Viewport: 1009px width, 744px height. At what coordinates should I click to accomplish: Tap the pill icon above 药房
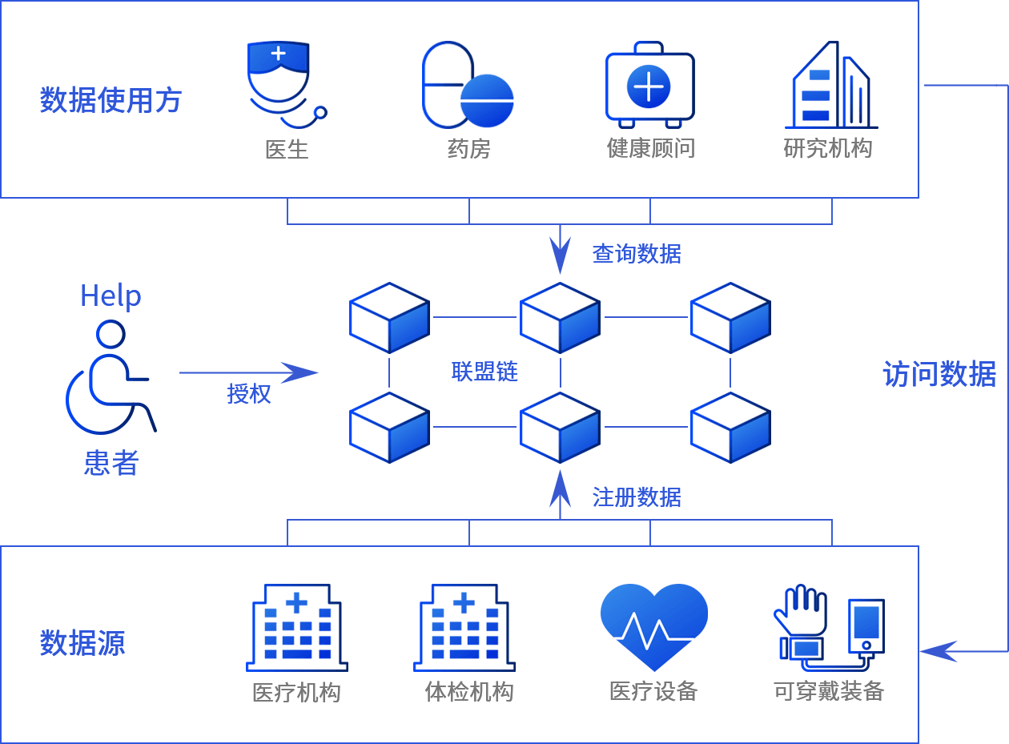[x=467, y=86]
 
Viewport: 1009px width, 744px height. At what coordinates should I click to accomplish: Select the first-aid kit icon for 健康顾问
[x=649, y=85]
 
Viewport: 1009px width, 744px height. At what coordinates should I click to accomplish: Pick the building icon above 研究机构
[x=830, y=86]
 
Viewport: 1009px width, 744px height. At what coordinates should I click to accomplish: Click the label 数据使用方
[x=111, y=100]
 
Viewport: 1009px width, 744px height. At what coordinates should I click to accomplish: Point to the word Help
[x=111, y=296]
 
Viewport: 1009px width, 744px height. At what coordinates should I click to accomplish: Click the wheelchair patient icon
[x=110, y=377]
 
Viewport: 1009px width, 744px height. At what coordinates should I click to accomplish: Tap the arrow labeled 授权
[x=248, y=372]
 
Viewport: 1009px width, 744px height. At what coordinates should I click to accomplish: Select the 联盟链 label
[x=484, y=372]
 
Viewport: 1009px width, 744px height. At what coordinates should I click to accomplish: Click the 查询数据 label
[x=637, y=254]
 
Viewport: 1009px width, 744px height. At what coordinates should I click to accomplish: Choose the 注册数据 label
[x=637, y=497]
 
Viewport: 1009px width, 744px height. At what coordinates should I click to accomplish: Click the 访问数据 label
[x=939, y=374]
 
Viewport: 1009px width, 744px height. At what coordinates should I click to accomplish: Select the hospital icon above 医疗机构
[x=296, y=628]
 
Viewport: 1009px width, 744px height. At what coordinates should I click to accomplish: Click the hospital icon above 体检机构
[x=464, y=628]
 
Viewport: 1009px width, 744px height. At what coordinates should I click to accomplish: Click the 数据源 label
[x=82, y=643]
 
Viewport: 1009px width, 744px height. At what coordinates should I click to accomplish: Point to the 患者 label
[x=111, y=463]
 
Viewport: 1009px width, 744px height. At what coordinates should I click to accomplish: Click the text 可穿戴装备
[x=829, y=691]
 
